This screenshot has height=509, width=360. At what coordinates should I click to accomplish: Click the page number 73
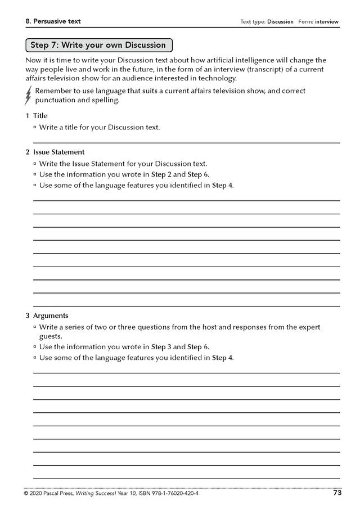click(337, 493)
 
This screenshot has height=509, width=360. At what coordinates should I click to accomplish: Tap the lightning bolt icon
click(28, 96)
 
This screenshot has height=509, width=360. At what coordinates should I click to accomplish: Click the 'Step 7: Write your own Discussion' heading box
click(98, 45)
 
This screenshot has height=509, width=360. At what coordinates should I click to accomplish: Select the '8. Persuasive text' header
click(53, 21)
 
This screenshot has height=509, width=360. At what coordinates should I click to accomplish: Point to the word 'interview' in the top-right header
click(327, 22)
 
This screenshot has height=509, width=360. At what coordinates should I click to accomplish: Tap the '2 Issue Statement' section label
click(55, 152)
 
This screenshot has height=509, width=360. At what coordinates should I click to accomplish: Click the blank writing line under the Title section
click(186, 142)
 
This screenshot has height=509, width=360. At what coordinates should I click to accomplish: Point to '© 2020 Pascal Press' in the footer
click(52, 494)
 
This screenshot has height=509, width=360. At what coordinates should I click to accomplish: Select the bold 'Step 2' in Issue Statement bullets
click(161, 174)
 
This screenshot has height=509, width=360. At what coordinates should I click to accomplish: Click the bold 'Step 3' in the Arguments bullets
click(161, 346)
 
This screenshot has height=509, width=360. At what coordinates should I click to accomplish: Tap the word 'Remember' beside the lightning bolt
click(53, 91)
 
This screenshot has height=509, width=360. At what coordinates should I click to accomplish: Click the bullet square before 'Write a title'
click(35, 128)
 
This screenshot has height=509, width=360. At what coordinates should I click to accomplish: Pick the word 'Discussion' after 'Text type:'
click(280, 22)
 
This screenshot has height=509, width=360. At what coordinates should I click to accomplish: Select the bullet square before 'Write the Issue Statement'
click(35, 164)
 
